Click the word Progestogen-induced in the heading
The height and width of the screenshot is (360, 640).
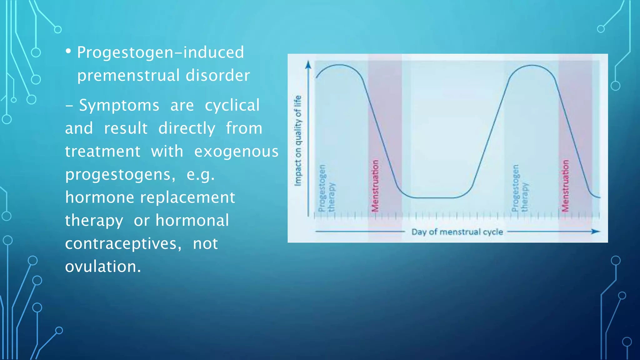[160, 52]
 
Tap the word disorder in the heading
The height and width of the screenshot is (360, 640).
[218, 76]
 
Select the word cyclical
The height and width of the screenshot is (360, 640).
[232, 105]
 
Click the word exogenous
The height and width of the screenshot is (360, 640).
[236, 152]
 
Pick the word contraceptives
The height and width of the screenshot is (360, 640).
[123, 244]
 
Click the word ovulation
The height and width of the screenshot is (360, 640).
[103, 267]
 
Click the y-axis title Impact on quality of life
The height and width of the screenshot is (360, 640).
[298, 141]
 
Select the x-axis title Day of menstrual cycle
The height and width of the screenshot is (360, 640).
[457, 232]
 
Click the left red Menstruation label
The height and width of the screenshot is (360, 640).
[375, 186]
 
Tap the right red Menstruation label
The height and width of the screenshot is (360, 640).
[565, 186]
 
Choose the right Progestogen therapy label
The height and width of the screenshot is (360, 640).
[520, 188]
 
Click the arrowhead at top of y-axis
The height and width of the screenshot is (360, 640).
[308, 65]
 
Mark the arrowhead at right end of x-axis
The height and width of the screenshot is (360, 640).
[596, 232]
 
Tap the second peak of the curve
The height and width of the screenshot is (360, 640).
[532, 65]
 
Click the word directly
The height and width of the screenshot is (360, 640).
[187, 128]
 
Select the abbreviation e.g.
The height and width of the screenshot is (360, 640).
[200, 174]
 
